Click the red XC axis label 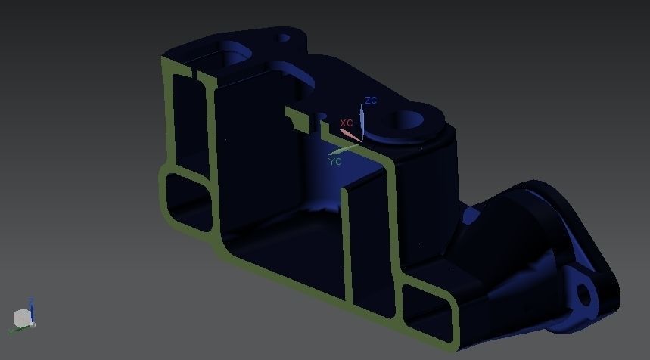pyautogui.click(x=347, y=123)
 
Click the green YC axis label pyautogui.click(x=335, y=161)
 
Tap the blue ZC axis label pyautogui.click(x=371, y=101)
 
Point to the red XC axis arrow pyautogui.click(x=350, y=135)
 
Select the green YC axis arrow pyautogui.click(x=344, y=148)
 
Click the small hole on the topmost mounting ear pyautogui.click(x=284, y=37)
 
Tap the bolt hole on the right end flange pyautogui.click(x=585, y=293)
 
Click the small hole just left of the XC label pyautogui.click(x=322, y=117)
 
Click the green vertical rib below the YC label pyautogui.click(x=349, y=242)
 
